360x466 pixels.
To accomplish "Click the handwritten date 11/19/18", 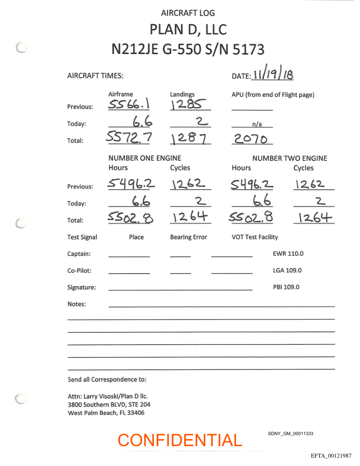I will tap(272, 75).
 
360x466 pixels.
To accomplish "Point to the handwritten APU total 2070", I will tap(251, 139).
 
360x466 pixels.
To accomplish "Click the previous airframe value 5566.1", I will tap(129, 104).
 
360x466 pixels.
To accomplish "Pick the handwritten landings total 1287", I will tap(189, 139).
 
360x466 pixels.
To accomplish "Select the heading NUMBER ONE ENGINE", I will tap(145, 158).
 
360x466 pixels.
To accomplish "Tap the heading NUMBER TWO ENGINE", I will tap(289, 158).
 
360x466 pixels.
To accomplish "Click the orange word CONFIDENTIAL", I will tap(180, 440).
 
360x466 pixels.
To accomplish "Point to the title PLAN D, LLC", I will tap(188, 30).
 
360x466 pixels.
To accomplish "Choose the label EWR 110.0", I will tap(288, 254).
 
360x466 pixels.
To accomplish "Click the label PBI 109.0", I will tap(286, 287).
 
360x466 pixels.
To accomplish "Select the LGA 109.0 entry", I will tap(287, 271).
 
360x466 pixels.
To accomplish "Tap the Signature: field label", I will tap(82, 287).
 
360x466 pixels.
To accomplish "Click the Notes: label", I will tap(77, 304).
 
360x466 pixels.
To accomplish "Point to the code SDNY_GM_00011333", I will tap(290, 434).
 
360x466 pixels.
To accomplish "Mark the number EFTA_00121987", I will tap(331, 455).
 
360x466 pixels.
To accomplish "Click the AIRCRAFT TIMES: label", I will tap(95, 75).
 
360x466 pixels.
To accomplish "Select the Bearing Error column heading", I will tap(188, 237).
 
